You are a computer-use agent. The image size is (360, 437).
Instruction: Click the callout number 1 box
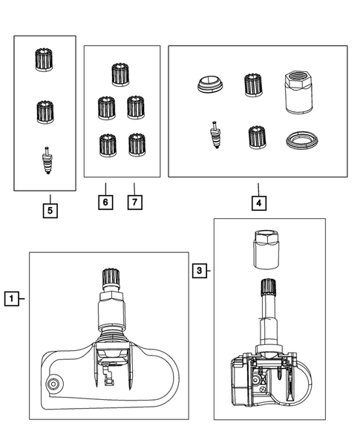coord(11,300)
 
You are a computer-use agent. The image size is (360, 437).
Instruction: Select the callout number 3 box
coord(198,271)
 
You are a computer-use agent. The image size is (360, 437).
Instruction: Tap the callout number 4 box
coord(258,202)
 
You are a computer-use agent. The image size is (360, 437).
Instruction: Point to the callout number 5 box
coord(50,210)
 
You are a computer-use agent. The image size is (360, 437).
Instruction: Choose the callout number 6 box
coord(105,202)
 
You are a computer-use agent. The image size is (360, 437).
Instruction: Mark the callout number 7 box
coord(134,202)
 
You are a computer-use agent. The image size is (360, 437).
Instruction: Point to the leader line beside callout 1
coord(24,300)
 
